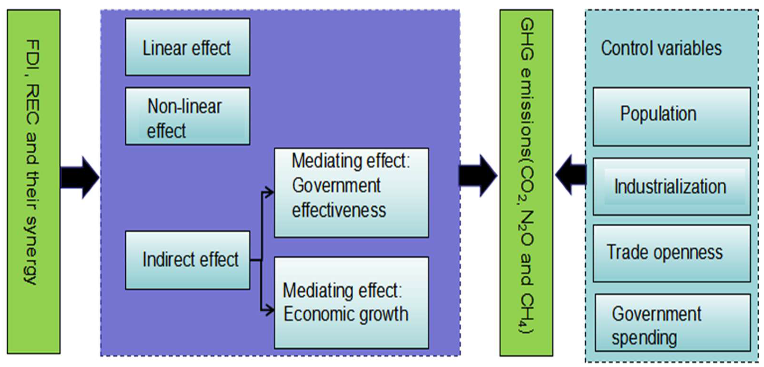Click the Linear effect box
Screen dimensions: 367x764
tap(187, 47)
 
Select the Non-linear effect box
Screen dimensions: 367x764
tap(187, 116)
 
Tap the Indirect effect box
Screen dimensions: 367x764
tap(187, 260)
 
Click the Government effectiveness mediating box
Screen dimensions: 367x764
tap(352, 193)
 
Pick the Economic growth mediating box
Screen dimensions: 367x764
tap(352, 302)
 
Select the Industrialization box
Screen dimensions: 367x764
tap(672, 187)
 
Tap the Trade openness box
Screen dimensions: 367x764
tap(672, 253)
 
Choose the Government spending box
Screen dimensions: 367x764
tap(673, 322)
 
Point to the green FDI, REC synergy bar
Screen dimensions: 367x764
tap(34, 181)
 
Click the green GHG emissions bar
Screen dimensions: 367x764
tap(526, 183)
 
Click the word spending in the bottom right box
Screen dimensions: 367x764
tap(644, 338)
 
